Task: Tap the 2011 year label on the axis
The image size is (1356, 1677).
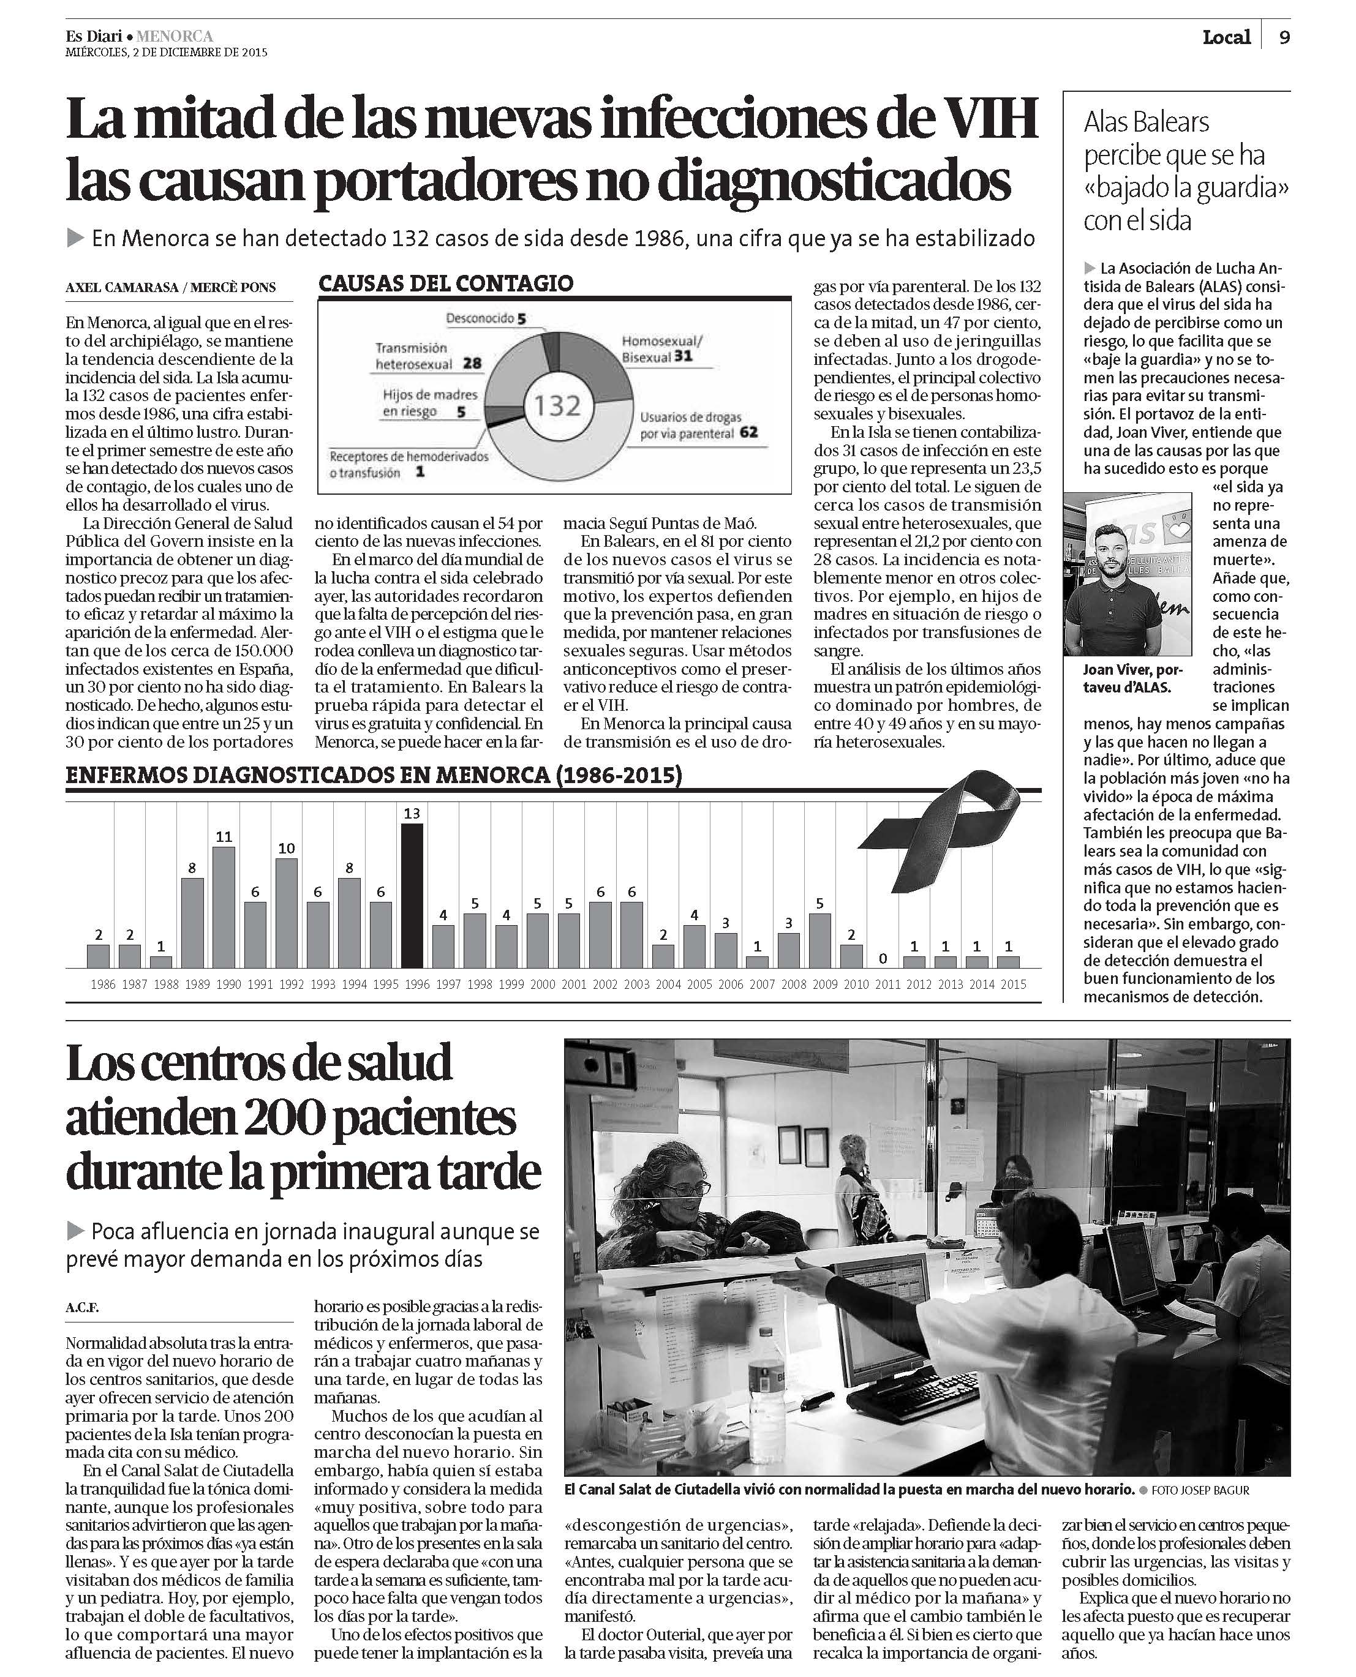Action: (887, 985)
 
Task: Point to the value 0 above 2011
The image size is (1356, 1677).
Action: (882, 958)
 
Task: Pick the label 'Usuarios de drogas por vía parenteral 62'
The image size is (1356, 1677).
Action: (698, 426)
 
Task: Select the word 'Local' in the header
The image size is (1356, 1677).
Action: (1226, 37)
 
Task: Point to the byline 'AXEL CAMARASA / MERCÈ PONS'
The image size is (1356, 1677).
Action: (170, 287)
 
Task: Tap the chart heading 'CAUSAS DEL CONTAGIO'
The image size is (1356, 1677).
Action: (445, 283)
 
